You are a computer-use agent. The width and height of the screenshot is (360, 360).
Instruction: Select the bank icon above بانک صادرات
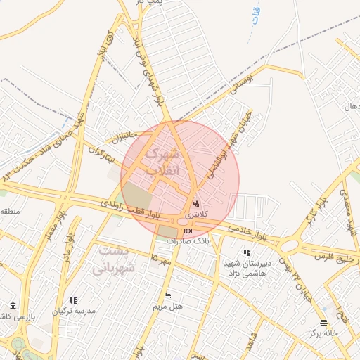(188, 230)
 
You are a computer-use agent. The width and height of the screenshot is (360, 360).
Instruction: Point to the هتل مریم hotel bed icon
(167, 295)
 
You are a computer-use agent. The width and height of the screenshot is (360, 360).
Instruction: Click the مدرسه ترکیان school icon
(74, 300)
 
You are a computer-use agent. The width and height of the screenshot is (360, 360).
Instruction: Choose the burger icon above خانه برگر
(323, 323)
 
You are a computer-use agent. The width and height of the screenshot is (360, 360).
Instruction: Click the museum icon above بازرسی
(13, 307)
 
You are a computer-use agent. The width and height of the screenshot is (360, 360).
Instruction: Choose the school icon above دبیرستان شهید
(246, 252)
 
